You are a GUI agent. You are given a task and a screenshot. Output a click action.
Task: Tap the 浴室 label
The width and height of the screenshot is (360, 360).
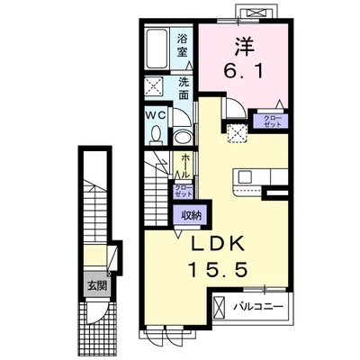tap(183, 47)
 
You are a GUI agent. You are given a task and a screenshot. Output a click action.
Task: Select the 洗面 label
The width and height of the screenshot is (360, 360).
tap(183, 88)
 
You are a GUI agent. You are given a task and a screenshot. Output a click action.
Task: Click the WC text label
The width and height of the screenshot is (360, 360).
tap(154, 116)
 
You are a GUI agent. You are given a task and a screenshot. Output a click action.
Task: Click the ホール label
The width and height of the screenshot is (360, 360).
tap(184, 166)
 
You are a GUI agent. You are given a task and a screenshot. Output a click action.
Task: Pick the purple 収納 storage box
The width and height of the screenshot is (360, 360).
tap(191, 215)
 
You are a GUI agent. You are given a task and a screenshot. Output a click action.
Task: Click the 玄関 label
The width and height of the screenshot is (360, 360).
tap(95, 287)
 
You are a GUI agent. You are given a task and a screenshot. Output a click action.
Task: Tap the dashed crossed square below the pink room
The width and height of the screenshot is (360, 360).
tap(238, 131)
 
